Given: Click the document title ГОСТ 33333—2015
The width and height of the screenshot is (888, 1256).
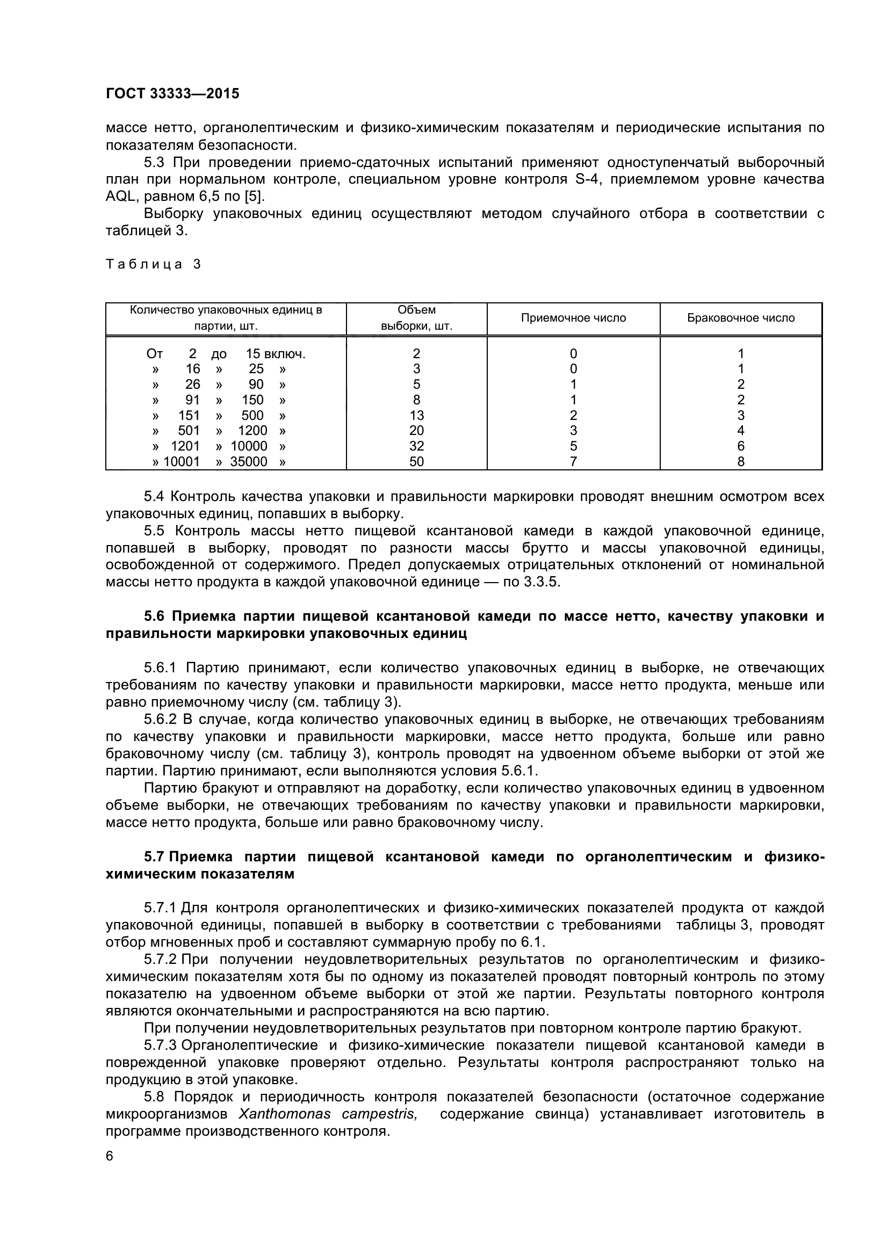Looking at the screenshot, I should point(172,93).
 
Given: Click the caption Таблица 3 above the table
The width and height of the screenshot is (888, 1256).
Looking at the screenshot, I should point(153,265).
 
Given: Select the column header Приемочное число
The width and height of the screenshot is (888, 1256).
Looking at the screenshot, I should point(573,318).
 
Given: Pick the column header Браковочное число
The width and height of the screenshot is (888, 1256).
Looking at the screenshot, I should point(741,318).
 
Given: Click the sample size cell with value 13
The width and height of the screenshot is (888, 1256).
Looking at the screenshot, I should point(416,416).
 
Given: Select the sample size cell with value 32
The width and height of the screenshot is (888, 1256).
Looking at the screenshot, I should point(416,446).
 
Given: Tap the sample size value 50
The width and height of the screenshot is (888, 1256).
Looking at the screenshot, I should point(416,462).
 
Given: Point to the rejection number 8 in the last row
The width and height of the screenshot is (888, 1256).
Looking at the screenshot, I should point(741,462).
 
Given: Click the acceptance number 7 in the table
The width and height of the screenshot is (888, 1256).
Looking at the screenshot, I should point(573,462).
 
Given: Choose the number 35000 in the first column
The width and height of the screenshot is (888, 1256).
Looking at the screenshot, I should point(248,462).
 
